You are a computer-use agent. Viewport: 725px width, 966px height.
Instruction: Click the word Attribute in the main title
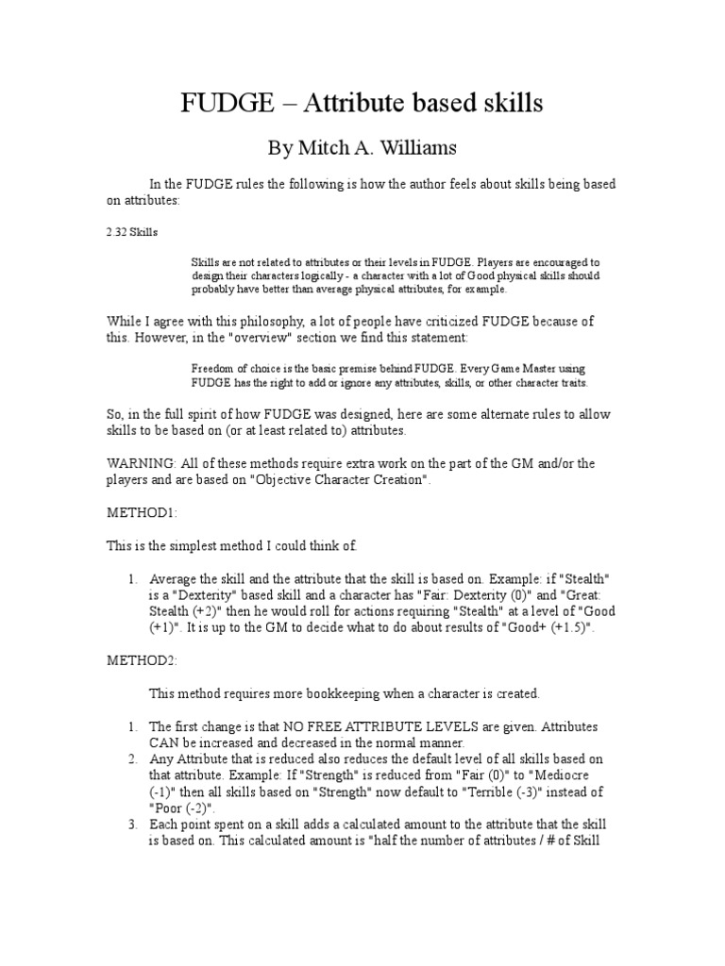click(349, 103)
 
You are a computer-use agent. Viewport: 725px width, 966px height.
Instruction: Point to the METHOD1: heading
click(142, 512)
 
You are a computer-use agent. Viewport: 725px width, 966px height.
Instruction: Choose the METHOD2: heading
click(142, 663)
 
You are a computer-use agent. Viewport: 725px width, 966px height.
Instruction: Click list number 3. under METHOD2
click(133, 824)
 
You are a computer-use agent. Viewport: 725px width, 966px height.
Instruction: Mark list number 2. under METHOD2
click(133, 758)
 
